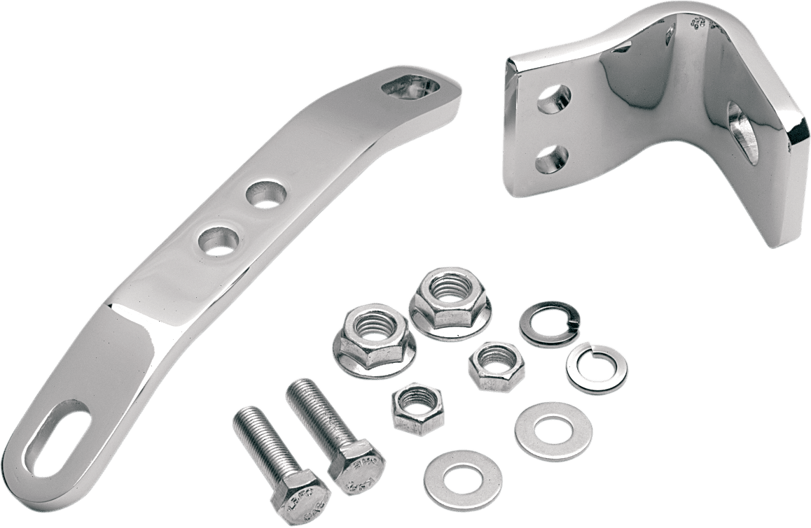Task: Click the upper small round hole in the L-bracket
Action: click(553, 99)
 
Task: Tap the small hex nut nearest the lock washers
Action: click(492, 365)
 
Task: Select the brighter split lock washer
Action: click(597, 366)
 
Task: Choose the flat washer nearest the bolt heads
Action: click(463, 478)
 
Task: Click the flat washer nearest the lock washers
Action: click(553, 429)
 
